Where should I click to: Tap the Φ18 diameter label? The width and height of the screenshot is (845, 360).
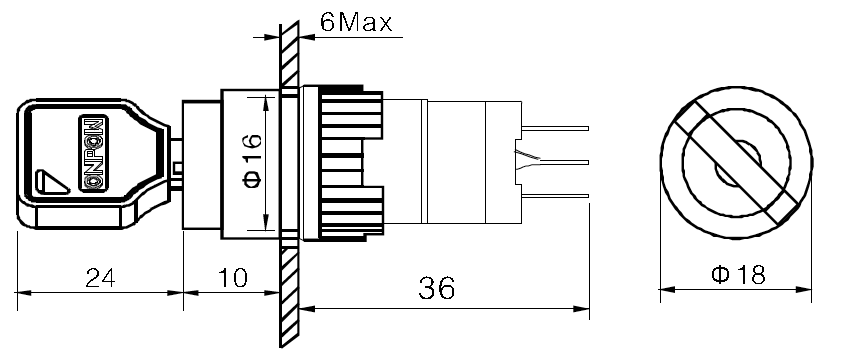click(738, 274)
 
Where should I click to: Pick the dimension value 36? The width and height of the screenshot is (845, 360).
click(436, 288)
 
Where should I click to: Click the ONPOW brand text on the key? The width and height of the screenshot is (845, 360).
click(92, 150)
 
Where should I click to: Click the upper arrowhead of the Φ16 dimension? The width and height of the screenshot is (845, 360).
click(264, 100)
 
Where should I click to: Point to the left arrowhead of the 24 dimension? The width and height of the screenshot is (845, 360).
click(24, 294)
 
